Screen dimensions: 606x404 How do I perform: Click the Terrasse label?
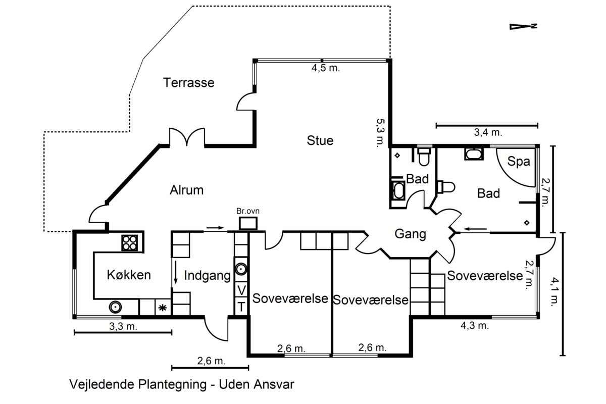(x=188, y=82)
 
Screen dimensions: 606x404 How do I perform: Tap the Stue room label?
(x=320, y=140)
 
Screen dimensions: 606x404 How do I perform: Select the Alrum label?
(x=186, y=190)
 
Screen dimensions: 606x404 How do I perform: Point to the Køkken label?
(x=129, y=275)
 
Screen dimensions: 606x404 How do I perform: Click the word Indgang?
(x=207, y=276)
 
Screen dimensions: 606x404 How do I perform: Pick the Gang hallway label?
(x=410, y=234)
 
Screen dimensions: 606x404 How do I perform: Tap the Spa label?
(x=518, y=162)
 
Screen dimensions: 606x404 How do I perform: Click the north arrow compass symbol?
(x=523, y=27)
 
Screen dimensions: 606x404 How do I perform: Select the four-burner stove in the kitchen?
(x=129, y=243)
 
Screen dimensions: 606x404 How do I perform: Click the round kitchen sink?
(x=115, y=308)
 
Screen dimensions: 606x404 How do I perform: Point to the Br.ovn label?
(x=248, y=211)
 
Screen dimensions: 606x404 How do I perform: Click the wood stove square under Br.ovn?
(x=248, y=224)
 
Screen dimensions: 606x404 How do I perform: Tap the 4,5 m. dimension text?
(x=325, y=68)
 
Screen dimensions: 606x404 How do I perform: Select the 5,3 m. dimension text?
(x=381, y=133)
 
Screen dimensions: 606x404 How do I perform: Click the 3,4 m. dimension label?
(x=488, y=133)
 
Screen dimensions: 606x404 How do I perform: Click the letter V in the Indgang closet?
(x=241, y=290)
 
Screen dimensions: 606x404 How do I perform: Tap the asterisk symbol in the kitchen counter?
(x=162, y=308)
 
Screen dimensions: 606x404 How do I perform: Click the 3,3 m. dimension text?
(x=123, y=327)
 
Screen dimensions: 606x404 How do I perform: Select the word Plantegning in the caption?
(x=172, y=384)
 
